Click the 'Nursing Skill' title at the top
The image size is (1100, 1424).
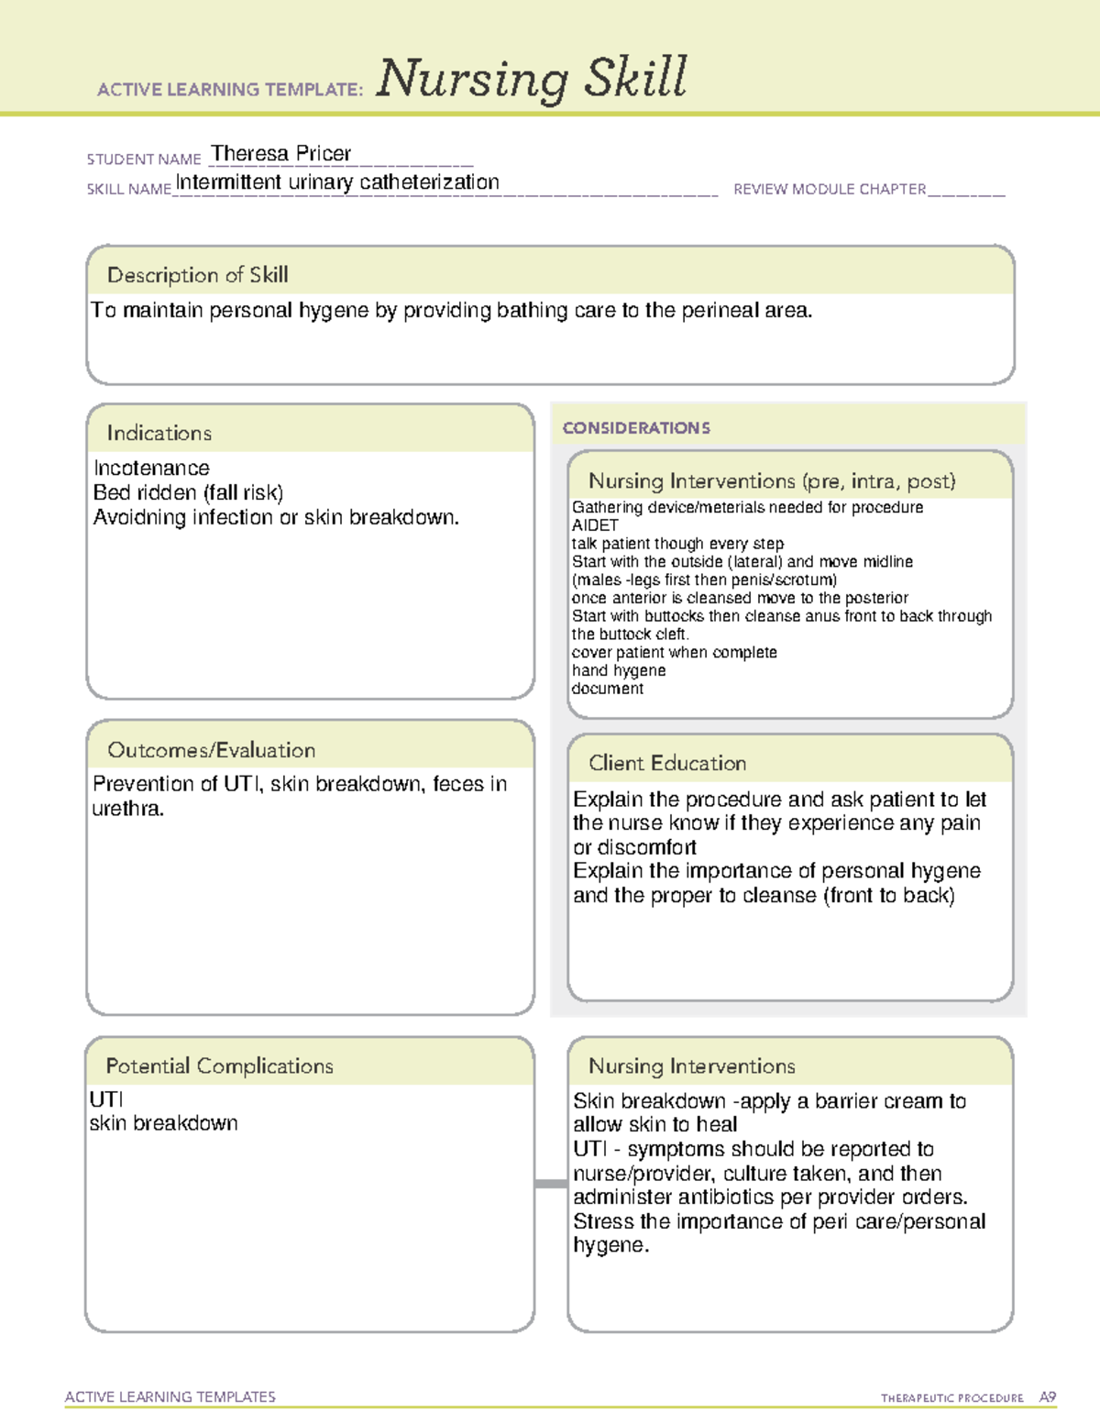[x=531, y=79]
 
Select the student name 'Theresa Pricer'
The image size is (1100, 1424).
[x=280, y=153]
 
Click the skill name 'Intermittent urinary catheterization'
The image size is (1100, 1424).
[x=337, y=182]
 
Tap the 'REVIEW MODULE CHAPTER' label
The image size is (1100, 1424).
[x=830, y=189]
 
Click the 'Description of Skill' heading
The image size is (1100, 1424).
[x=197, y=275]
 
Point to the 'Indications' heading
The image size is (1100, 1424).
[x=159, y=433]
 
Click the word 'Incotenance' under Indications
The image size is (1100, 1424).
[x=151, y=469]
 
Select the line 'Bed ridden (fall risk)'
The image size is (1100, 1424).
[x=188, y=492]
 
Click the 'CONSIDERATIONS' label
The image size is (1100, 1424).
[x=636, y=428]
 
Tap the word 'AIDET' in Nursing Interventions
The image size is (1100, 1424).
[x=595, y=525]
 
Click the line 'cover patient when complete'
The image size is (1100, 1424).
[x=674, y=652]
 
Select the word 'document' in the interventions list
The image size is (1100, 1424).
[x=607, y=689]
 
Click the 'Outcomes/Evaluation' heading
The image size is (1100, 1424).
[x=211, y=750]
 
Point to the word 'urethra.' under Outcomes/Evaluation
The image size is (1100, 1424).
[x=128, y=809]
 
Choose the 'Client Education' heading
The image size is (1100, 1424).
[x=666, y=763]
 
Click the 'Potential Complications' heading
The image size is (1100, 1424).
[x=219, y=1065]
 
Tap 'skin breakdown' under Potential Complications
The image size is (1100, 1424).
[x=163, y=1123]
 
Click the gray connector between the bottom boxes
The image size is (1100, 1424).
[x=551, y=1184]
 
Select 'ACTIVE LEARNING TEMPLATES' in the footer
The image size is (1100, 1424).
[x=170, y=1396]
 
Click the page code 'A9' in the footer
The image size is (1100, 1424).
[x=1047, y=1397]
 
